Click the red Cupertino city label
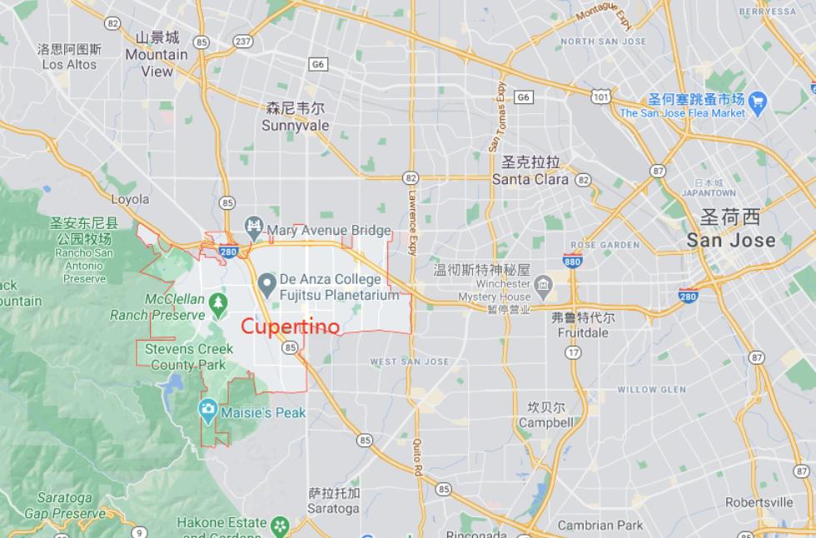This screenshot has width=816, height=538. click(x=291, y=326)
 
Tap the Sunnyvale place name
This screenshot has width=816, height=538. click(x=295, y=126)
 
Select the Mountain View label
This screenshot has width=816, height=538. click(x=157, y=62)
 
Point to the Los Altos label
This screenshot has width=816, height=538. click(x=69, y=64)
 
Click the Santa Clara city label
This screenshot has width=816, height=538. click(x=530, y=178)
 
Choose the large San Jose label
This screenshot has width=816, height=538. click(x=730, y=240)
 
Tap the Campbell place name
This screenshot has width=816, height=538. click(x=545, y=422)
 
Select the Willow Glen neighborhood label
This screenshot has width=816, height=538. click(x=651, y=389)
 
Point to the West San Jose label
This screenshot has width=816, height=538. click(x=409, y=361)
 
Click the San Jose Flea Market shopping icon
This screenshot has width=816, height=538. click(x=757, y=102)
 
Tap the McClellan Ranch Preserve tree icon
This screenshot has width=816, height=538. click(x=218, y=302)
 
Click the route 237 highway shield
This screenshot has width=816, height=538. click(x=243, y=40)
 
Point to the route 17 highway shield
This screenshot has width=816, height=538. click(x=573, y=353)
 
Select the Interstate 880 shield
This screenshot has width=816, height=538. click(x=572, y=260)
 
